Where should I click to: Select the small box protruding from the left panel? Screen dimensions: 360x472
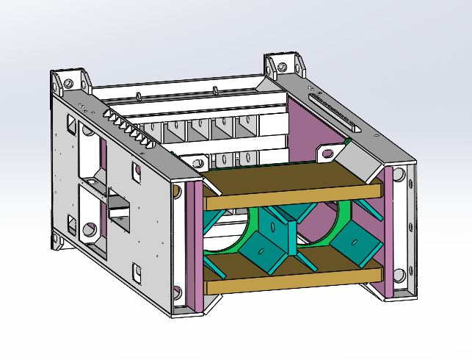coord(117,209)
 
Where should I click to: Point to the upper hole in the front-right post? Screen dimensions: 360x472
coord(399,175)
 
